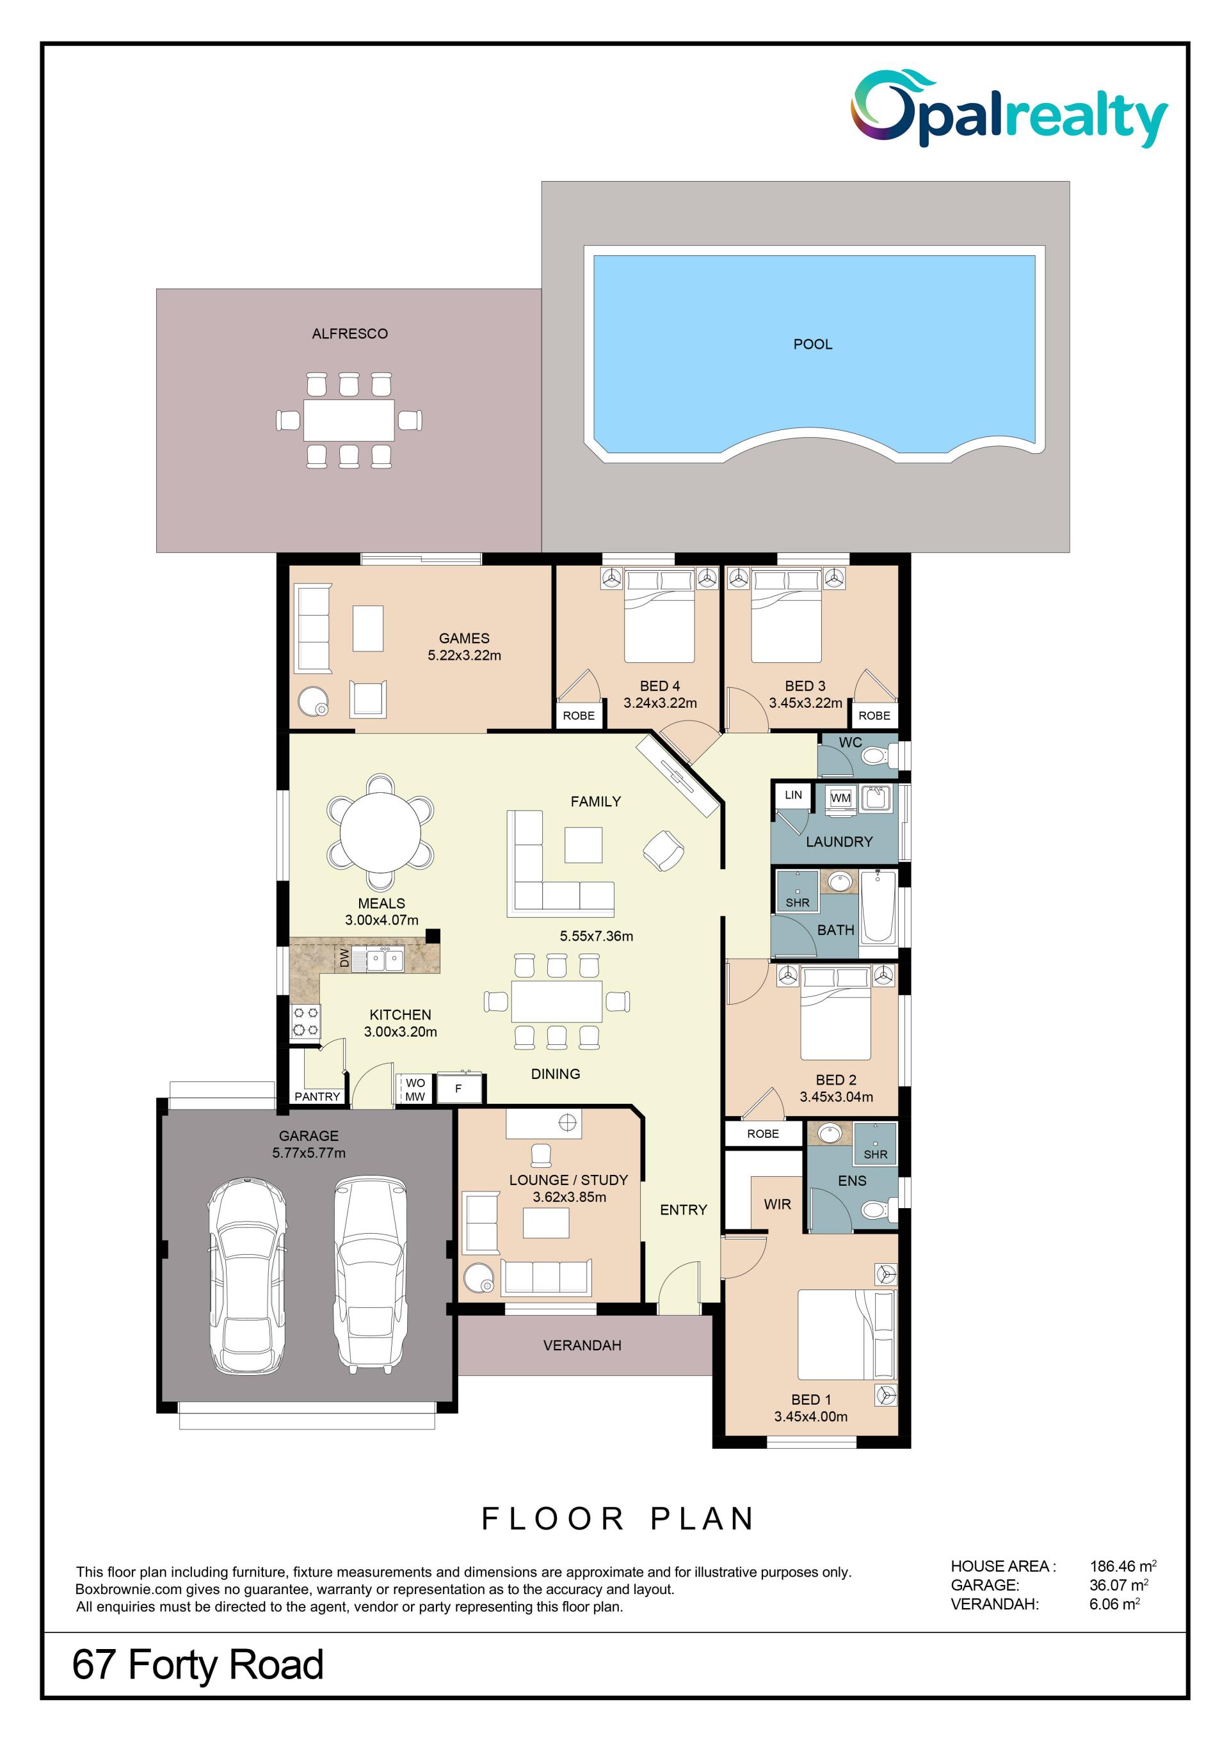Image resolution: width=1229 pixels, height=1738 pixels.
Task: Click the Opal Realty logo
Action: [x=1009, y=108]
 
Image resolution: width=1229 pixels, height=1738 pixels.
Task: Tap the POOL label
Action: [x=812, y=344]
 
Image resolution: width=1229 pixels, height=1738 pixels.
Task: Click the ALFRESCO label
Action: [x=350, y=334]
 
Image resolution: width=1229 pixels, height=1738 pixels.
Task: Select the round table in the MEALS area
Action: [x=380, y=832]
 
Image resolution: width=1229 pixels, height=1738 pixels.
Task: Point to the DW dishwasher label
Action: [x=344, y=959]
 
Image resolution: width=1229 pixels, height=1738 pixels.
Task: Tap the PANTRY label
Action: [x=317, y=1096]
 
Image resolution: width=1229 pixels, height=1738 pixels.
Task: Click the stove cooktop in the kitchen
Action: [x=306, y=1021]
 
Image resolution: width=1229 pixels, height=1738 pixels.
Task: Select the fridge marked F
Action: [x=458, y=1088]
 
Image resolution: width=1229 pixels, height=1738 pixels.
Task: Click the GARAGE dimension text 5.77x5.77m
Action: [x=309, y=1153]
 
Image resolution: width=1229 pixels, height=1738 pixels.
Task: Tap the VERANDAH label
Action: [x=582, y=1345]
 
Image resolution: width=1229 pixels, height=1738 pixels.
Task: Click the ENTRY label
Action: [x=683, y=1209]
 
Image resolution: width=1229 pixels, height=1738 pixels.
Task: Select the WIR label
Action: [x=777, y=1204]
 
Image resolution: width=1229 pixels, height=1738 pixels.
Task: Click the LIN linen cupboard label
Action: [x=793, y=795]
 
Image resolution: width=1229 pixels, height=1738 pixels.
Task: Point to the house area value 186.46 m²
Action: [x=1123, y=1566]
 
